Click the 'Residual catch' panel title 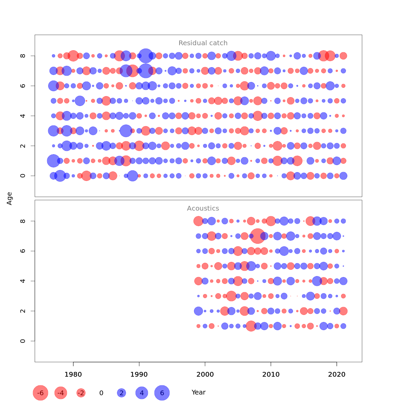(203, 43)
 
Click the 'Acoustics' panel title (203, 209)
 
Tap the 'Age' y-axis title (9, 198)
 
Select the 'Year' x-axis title (198, 393)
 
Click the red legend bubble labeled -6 (40, 393)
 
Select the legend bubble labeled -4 (61, 393)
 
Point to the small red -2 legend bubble (81, 393)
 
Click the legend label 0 (101, 393)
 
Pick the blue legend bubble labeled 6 (162, 393)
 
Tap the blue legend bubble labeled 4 (142, 393)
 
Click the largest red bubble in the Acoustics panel (258, 236)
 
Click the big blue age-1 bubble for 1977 (53, 161)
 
